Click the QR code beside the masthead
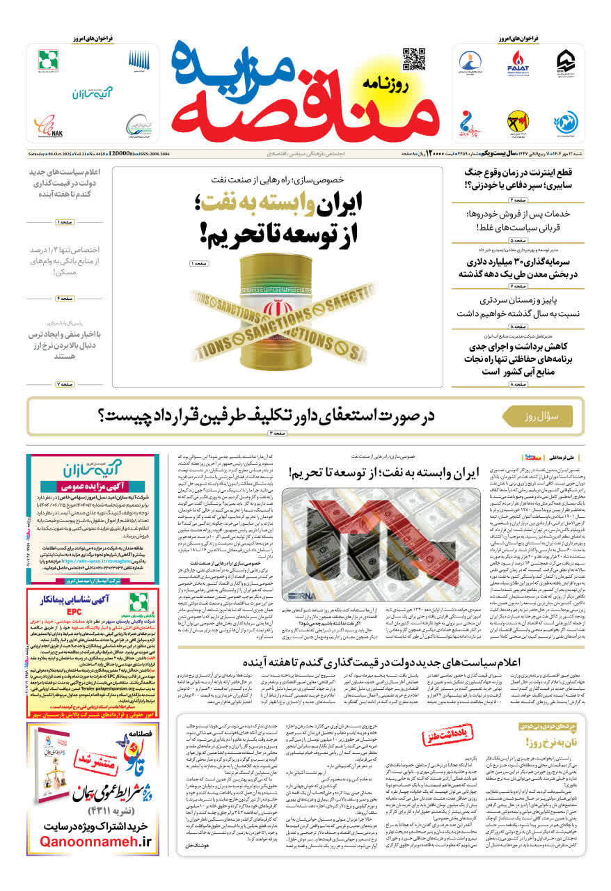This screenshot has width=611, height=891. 413,59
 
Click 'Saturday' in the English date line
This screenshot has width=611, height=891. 36,153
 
